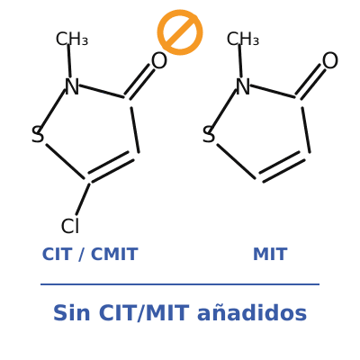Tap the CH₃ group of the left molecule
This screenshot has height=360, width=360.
tap(72, 39)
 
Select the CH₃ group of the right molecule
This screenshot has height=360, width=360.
tap(243, 39)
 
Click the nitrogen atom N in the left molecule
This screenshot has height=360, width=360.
tap(72, 86)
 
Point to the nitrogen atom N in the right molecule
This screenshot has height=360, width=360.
tap(243, 86)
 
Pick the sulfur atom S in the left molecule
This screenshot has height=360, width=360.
tap(38, 134)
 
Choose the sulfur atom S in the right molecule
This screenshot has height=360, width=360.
tap(209, 134)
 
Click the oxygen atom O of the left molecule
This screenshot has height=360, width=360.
tap(159, 60)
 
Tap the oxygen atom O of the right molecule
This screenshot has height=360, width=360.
tap(330, 60)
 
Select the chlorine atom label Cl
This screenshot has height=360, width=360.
tap(70, 226)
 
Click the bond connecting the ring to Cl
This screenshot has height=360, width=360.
tap(83, 199)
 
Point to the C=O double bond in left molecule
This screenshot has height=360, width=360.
tap(139, 82)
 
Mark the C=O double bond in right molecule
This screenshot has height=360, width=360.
tap(310, 82)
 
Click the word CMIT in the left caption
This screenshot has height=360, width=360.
tap(114, 255)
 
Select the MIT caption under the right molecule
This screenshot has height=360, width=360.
tap(270, 255)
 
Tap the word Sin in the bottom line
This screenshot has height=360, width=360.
tap(71, 313)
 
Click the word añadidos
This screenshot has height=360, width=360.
tap(252, 313)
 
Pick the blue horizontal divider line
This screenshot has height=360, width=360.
tap(180, 284)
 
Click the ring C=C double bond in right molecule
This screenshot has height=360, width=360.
tap(282, 166)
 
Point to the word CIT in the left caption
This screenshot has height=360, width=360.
tap(58, 255)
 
